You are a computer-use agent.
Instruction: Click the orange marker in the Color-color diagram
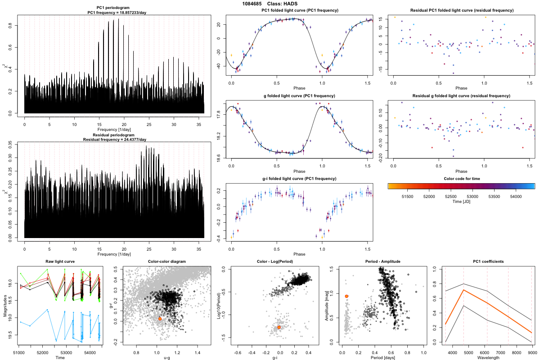pyautogui.click(x=160, y=319)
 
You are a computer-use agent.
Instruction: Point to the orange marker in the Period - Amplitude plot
pyautogui.click(x=346, y=296)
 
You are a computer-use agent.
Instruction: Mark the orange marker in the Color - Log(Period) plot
pyautogui.click(x=279, y=327)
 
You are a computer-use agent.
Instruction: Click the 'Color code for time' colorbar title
pyautogui.click(x=461, y=179)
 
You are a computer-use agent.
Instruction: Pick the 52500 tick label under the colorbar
pyautogui.click(x=451, y=197)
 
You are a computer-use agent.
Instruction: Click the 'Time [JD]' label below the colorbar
pyautogui.click(x=461, y=202)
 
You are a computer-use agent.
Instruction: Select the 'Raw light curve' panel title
pyautogui.click(x=60, y=262)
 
